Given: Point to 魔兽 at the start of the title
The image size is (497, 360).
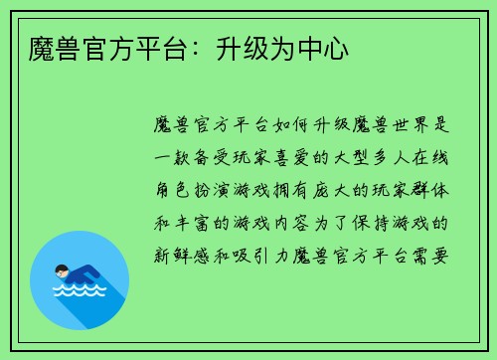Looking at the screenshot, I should tap(43, 47).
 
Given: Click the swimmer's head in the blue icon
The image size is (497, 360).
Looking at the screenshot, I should tap(62, 270).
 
